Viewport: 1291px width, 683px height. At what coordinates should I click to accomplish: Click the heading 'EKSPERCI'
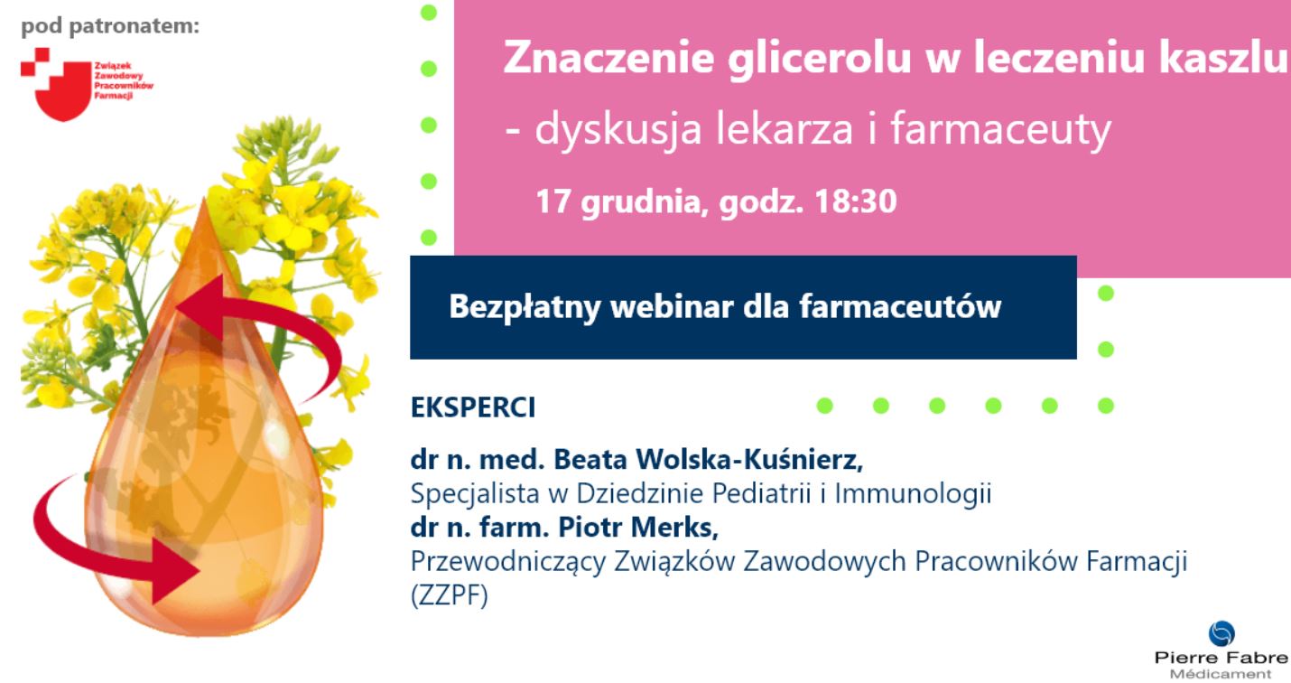tap(473, 407)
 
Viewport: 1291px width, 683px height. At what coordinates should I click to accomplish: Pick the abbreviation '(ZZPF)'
tap(449, 597)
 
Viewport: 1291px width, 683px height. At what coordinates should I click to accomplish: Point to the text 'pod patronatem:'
tap(110, 25)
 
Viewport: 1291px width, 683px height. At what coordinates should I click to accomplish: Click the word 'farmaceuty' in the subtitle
tap(1000, 131)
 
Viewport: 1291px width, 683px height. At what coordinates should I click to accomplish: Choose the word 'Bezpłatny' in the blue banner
tap(524, 307)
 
